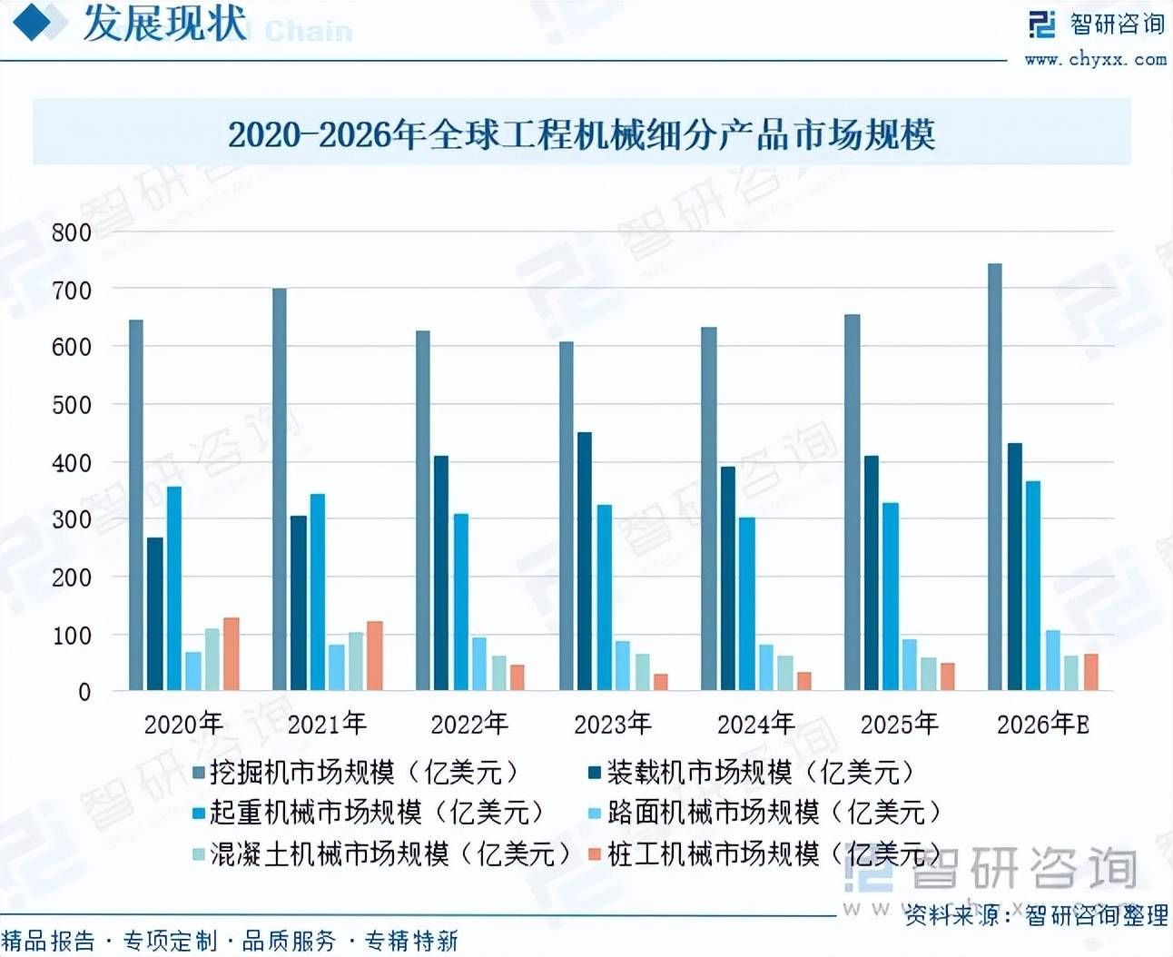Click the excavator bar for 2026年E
point(995,477)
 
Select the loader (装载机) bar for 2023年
point(585,561)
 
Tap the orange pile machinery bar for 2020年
point(232,654)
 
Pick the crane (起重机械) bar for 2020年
point(174,588)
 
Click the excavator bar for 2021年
point(280,489)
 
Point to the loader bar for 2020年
point(155,614)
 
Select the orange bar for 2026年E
point(1091,672)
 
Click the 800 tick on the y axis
point(72,232)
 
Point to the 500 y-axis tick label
point(72,405)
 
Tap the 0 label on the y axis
point(84,692)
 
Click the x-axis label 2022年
point(469,724)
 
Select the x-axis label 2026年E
point(1042,724)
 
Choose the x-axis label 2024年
point(756,724)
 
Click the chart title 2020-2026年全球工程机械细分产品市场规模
point(581,134)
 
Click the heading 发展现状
point(164,24)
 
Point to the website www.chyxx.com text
point(1095,60)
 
